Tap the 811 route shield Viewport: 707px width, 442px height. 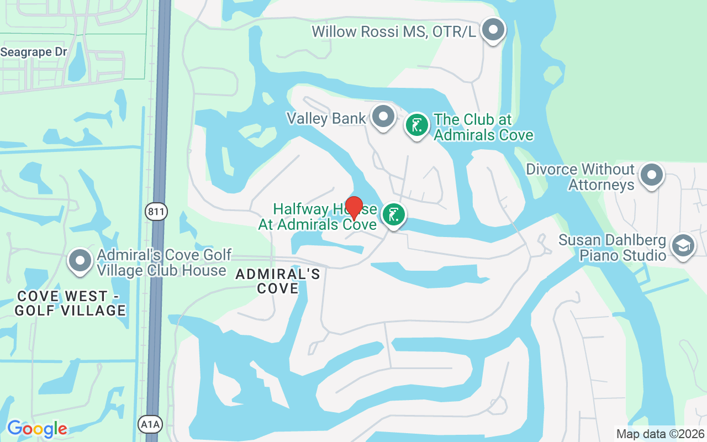pyautogui.click(x=157, y=211)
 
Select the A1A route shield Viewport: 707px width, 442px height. pyautogui.click(x=146, y=424)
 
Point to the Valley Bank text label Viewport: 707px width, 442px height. pyautogui.click(x=326, y=118)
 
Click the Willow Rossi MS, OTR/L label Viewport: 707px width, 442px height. pyautogui.click(x=394, y=31)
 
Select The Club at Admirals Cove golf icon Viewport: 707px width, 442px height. pyautogui.click(x=417, y=125)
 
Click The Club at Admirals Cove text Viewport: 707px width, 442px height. pyautogui.click(x=483, y=127)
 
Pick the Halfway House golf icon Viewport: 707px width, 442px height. pyautogui.click(x=393, y=215)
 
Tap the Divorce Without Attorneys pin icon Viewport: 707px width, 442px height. pyautogui.click(x=652, y=175)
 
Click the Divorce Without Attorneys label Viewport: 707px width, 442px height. pyautogui.click(x=580, y=177)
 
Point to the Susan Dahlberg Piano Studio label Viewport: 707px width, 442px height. pyautogui.click(x=613, y=248)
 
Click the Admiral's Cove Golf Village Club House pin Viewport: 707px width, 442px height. pyautogui.click(x=81, y=261)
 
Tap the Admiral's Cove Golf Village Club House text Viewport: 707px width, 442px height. pyautogui.click(x=164, y=263)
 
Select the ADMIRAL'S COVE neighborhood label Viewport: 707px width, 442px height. pyautogui.click(x=278, y=281)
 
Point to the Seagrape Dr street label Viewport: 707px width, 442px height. pyautogui.click(x=34, y=52)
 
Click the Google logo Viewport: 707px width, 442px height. pyautogui.click(x=37, y=429)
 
